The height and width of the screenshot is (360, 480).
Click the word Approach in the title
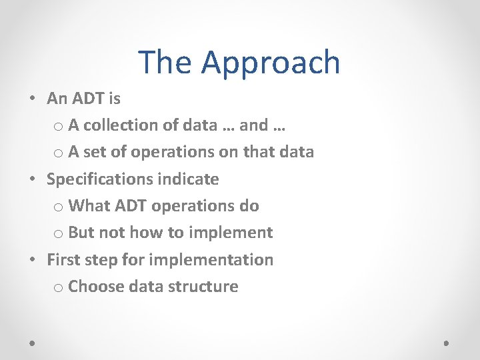click(x=271, y=63)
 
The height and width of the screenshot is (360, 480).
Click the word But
click(x=81, y=233)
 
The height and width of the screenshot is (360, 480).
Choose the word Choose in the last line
click(x=97, y=287)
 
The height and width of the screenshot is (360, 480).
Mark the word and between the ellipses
click(x=254, y=125)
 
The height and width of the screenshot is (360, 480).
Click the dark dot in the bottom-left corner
click(x=33, y=343)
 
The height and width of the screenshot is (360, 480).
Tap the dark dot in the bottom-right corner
click(x=447, y=343)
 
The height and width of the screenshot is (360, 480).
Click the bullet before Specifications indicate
click(x=33, y=179)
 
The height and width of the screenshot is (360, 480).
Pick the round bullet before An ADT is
click(x=33, y=99)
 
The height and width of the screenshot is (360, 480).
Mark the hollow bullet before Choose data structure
click(x=58, y=287)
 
